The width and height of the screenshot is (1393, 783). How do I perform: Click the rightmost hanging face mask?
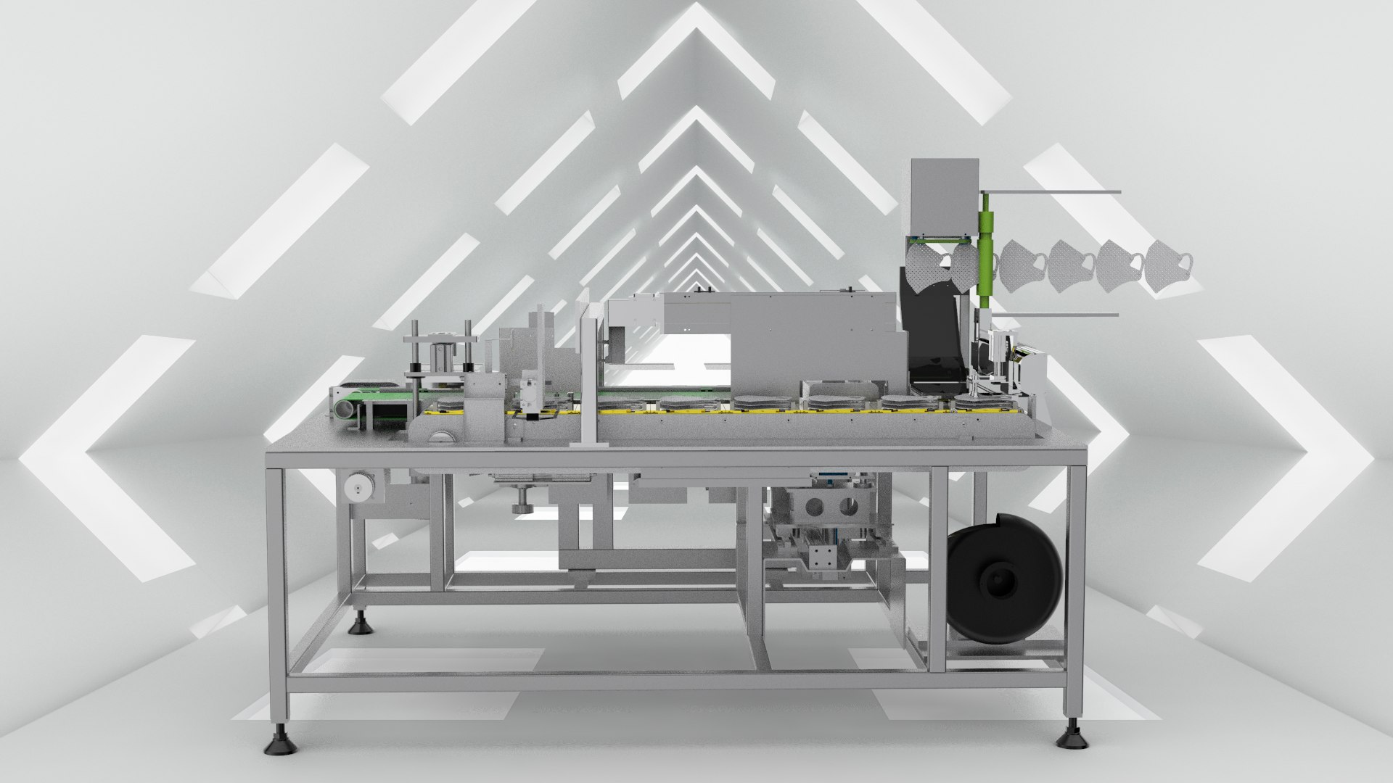(1167, 268)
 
